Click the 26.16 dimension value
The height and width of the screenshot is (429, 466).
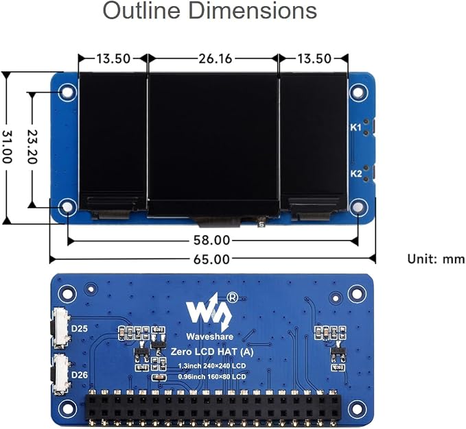[215, 58]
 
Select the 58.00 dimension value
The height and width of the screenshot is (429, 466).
[211, 240]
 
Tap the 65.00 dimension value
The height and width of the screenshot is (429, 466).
[211, 259]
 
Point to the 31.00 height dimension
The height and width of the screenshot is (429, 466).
[7, 147]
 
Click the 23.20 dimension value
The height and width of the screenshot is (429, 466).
[32, 147]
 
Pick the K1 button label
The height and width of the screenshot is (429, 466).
[356, 127]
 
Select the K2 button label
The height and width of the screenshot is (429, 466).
[356, 173]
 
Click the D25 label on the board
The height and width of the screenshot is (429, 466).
[80, 328]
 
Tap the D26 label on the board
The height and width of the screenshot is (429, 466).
[80, 375]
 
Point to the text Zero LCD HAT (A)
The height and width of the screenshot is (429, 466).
[212, 352]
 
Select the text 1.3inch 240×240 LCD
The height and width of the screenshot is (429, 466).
[212, 366]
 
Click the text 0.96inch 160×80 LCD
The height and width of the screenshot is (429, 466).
[212, 377]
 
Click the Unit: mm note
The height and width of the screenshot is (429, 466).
[436, 259]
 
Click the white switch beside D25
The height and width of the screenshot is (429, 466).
[61, 328]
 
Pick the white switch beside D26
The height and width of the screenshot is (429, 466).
[61, 375]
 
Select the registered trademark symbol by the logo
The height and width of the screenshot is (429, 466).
[232, 297]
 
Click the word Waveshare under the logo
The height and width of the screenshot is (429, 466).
[209, 336]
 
